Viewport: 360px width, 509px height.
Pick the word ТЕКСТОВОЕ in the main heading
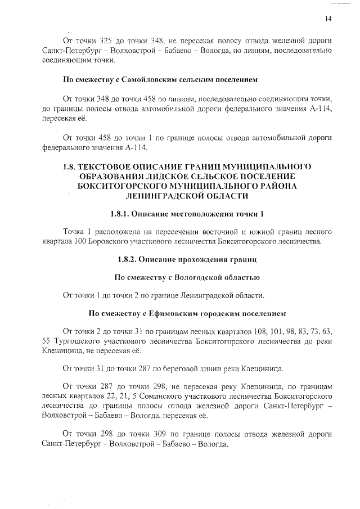[x=112, y=167]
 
